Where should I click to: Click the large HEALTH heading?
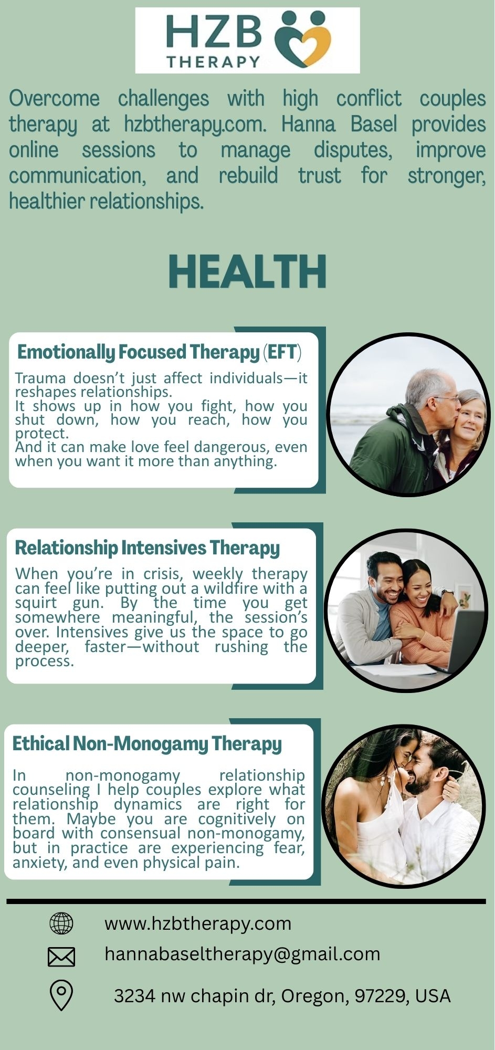pos(247,271)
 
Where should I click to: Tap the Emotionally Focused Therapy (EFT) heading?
pos(160,352)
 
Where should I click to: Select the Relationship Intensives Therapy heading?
pos(148,548)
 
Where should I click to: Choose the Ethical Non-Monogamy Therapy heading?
pos(147,744)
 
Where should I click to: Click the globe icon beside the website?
pos(61,923)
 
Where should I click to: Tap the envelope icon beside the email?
pos(61,957)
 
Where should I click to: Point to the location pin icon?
pos(61,996)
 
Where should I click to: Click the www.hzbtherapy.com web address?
pos(198,923)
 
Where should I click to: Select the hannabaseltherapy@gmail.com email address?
pos(243,953)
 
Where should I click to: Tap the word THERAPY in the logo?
pos(214,61)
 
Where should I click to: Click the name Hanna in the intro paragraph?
pos(308,124)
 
